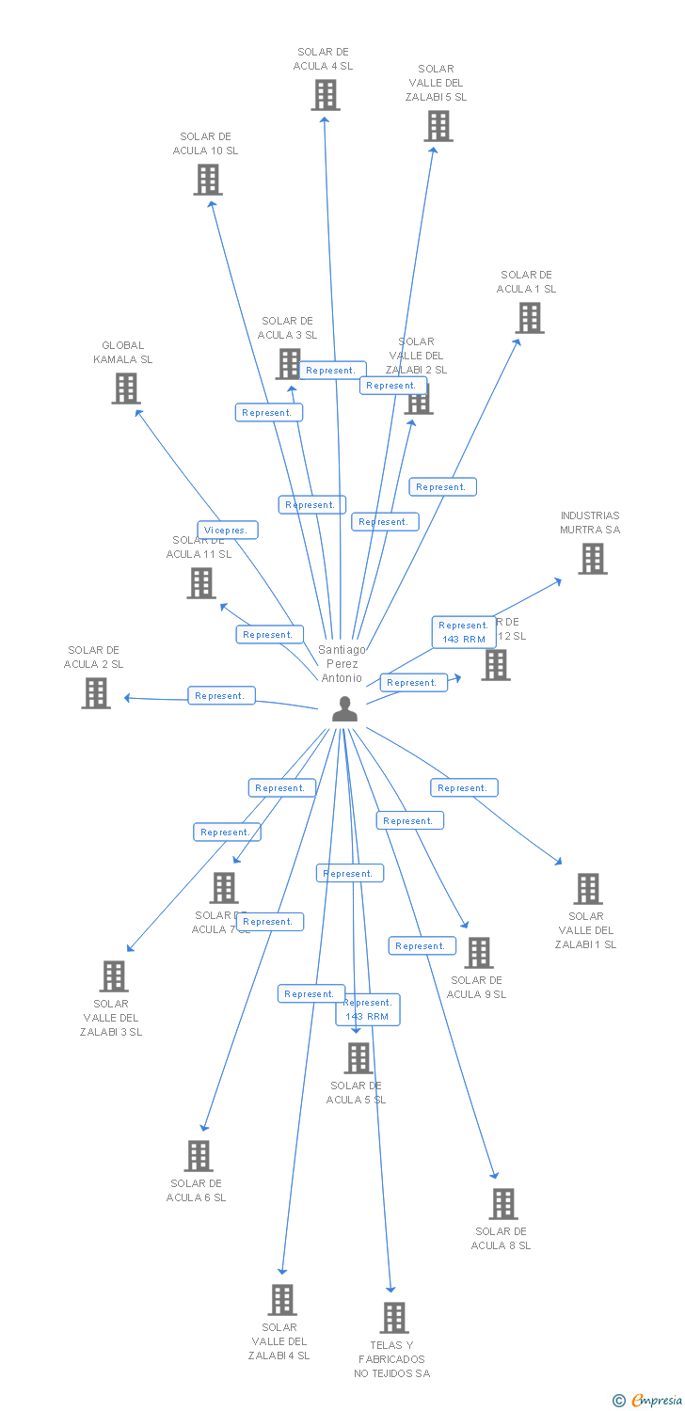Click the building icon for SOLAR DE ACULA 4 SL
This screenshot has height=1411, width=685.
[x=326, y=95]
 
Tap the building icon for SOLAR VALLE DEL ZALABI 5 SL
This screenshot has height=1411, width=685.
[x=438, y=126]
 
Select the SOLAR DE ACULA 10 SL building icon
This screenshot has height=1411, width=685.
[x=207, y=179]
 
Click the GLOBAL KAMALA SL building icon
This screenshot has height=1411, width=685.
[x=125, y=388]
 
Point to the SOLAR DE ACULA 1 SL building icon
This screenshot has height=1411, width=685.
[x=529, y=318]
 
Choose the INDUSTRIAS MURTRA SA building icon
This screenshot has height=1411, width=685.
[x=592, y=559]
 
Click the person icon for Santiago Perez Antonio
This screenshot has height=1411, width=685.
[x=345, y=709]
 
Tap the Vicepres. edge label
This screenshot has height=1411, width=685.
[x=228, y=531]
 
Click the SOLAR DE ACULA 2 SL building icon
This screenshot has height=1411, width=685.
[x=95, y=693]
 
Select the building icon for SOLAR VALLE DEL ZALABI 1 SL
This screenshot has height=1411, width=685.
[x=587, y=888]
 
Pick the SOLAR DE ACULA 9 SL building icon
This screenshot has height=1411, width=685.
[x=478, y=953]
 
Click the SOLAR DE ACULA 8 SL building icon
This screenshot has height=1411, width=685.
[x=502, y=1204]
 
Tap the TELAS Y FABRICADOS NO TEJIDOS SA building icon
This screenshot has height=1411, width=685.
[x=394, y=1317]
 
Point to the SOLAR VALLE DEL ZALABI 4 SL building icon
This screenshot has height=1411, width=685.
[x=281, y=1299]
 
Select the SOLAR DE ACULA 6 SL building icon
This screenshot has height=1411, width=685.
[x=198, y=1156]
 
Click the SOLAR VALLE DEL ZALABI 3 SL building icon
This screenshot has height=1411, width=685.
[x=113, y=976]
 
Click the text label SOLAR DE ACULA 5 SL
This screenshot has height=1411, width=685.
[x=356, y=1093]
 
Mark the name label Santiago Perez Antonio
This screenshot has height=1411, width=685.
[x=342, y=663]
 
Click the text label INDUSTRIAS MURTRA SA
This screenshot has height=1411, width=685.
[x=590, y=522]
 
